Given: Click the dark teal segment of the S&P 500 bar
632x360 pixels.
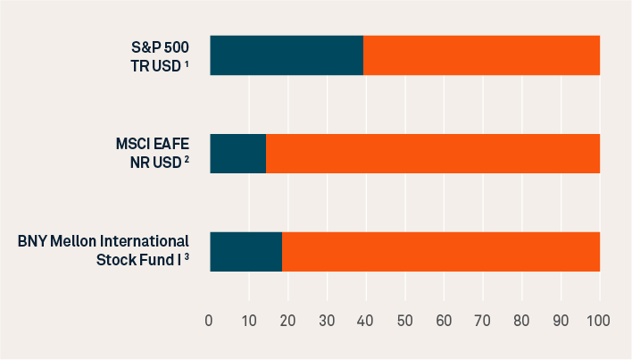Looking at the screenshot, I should tap(287, 55).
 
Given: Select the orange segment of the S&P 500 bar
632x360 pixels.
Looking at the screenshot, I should tap(482, 55).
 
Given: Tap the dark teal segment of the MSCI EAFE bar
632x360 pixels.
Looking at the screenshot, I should tap(237, 154).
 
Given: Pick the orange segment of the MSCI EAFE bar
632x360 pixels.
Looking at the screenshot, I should tap(433, 154).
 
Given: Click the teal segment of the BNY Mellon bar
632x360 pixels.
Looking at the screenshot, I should tap(245, 251).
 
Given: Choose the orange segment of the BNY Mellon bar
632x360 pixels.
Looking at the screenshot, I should tap(441, 251).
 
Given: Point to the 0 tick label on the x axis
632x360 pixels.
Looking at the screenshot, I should tap(210, 320).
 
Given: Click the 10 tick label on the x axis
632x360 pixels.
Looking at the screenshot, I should tap(248, 320).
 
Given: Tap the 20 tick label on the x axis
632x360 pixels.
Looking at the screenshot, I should tap(287, 320).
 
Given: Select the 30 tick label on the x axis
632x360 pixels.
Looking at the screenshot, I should tap(327, 320).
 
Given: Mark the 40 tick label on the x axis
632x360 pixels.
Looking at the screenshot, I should tap(366, 320).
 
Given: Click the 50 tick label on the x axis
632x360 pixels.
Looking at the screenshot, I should tap(404, 320).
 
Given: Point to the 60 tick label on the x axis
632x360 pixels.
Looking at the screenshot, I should tap(444, 320).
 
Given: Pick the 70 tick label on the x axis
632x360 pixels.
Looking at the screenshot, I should tap(483, 320).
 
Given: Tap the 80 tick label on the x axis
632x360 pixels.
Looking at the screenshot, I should tap(522, 320).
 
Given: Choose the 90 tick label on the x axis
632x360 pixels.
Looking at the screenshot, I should tap(561, 320).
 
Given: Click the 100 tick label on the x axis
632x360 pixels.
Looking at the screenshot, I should tap(597, 320).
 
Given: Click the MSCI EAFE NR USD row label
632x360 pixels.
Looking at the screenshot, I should tap(152, 154).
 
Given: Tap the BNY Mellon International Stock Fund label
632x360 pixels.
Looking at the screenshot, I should tap(104, 251).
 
